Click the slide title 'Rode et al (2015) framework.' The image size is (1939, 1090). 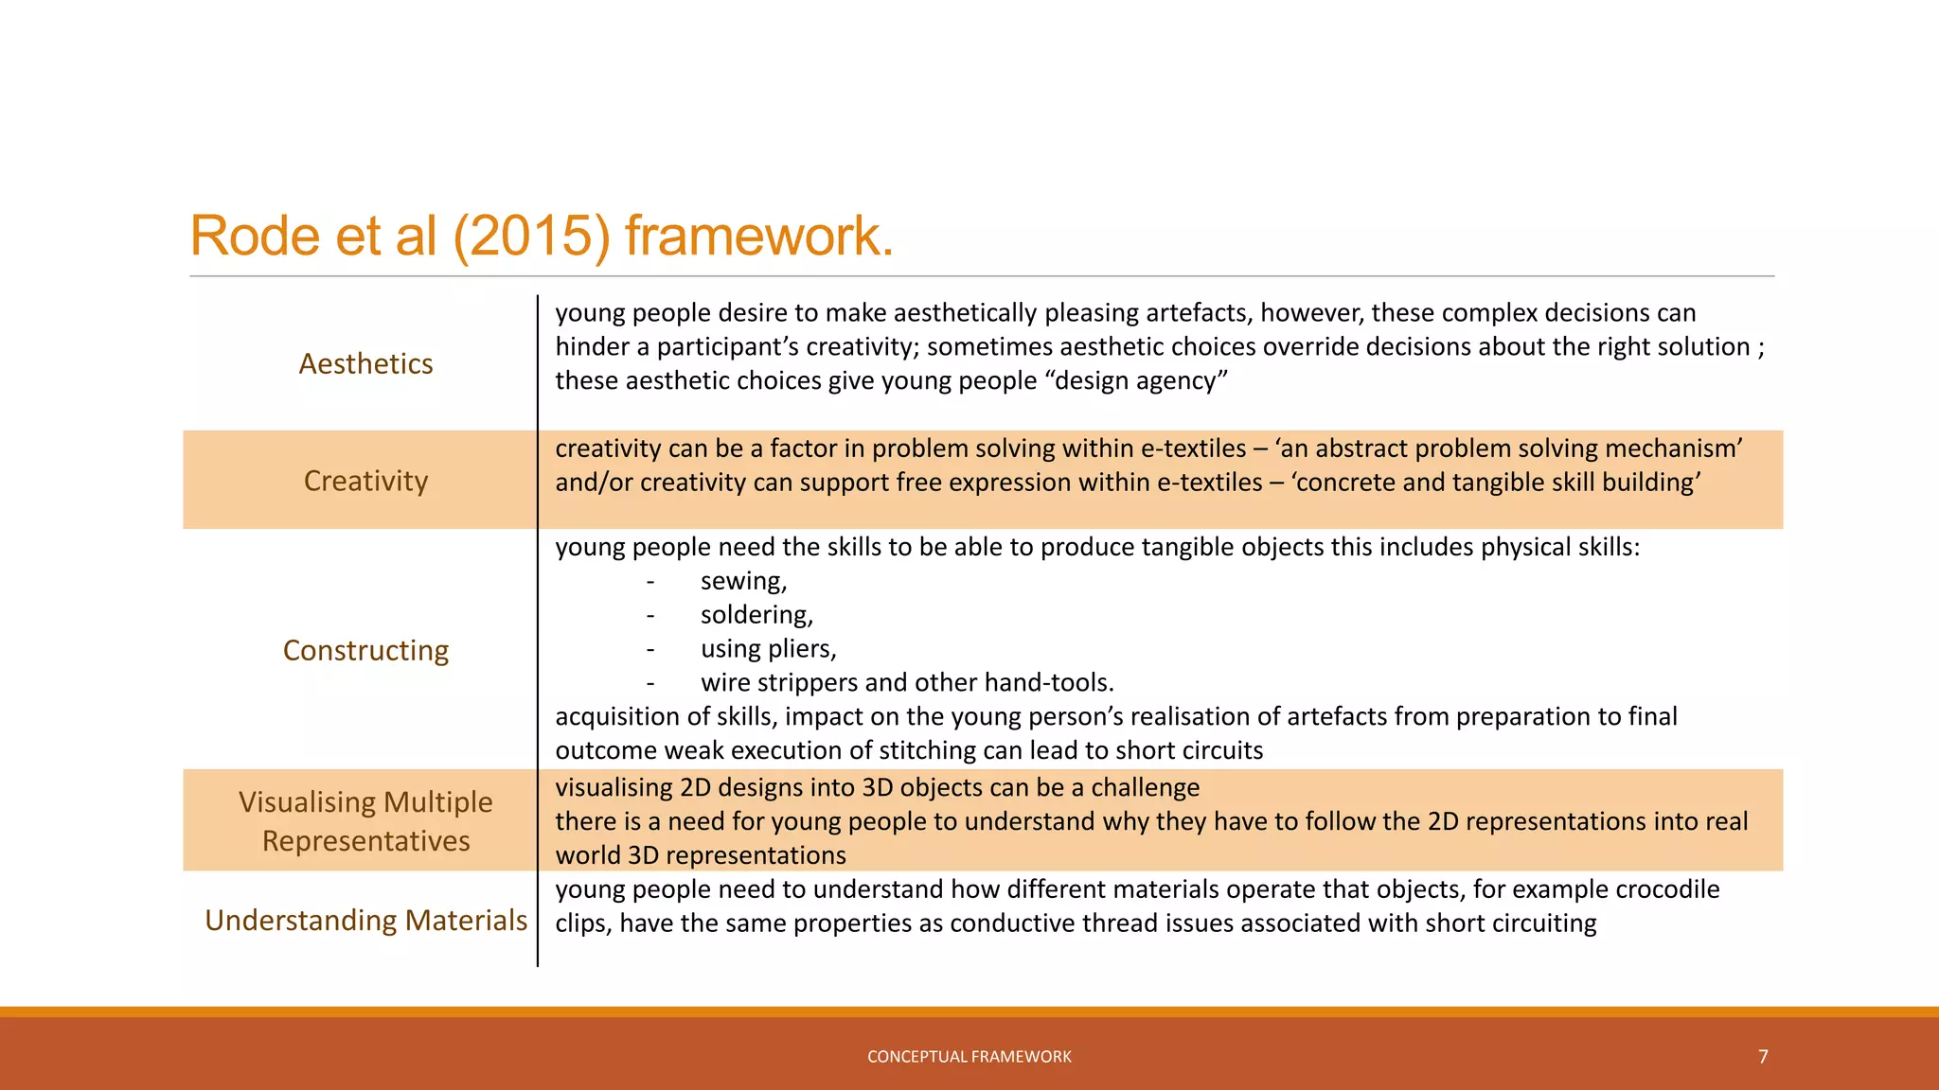tap(542, 236)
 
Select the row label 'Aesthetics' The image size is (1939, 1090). tap(365, 364)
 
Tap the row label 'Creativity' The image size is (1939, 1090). tap(365, 482)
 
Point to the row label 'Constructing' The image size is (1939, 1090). tap(365, 651)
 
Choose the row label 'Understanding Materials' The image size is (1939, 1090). tap(365, 921)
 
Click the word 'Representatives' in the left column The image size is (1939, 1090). tap(365, 841)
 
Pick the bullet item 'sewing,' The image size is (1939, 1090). tap(743, 581)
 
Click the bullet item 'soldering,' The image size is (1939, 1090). tap(756, 615)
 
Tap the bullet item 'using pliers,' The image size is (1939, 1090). tap(768, 649)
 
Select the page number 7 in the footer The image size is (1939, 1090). tap(1763, 1057)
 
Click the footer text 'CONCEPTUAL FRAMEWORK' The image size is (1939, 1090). tap(969, 1057)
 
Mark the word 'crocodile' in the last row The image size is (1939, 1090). tap(1667, 889)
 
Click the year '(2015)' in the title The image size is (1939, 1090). tap(531, 236)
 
